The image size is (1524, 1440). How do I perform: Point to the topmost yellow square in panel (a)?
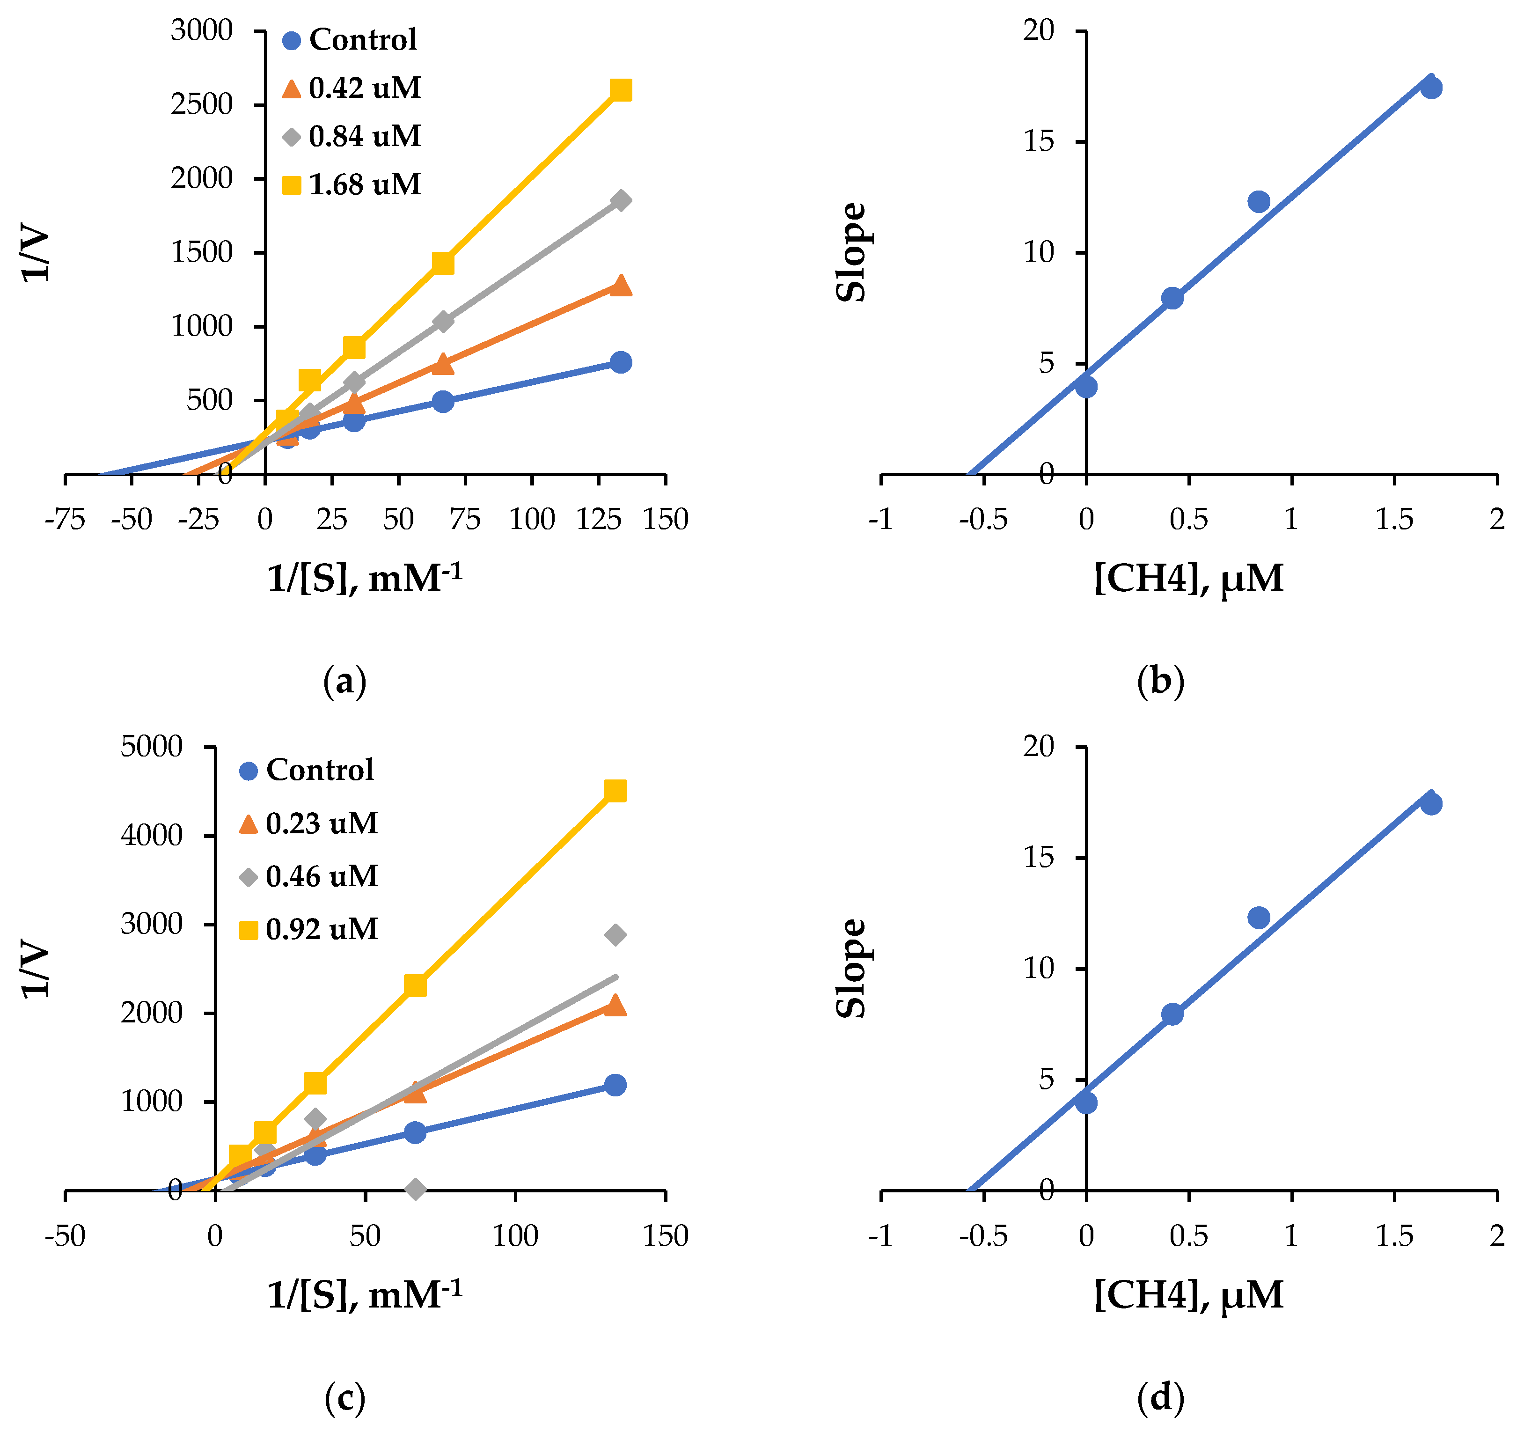coord(620,90)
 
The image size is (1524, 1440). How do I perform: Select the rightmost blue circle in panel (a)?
coord(621,362)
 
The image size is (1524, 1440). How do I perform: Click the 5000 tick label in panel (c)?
coord(151,746)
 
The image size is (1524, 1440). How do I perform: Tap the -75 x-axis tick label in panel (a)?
coord(65,521)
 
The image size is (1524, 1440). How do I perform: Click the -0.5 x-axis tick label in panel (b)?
coord(983,521)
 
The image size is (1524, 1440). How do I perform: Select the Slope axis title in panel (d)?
coord(851,969)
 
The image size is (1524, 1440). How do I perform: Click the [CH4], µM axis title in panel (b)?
coord(1188,578)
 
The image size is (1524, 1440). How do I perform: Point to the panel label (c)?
coord(344,1398)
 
